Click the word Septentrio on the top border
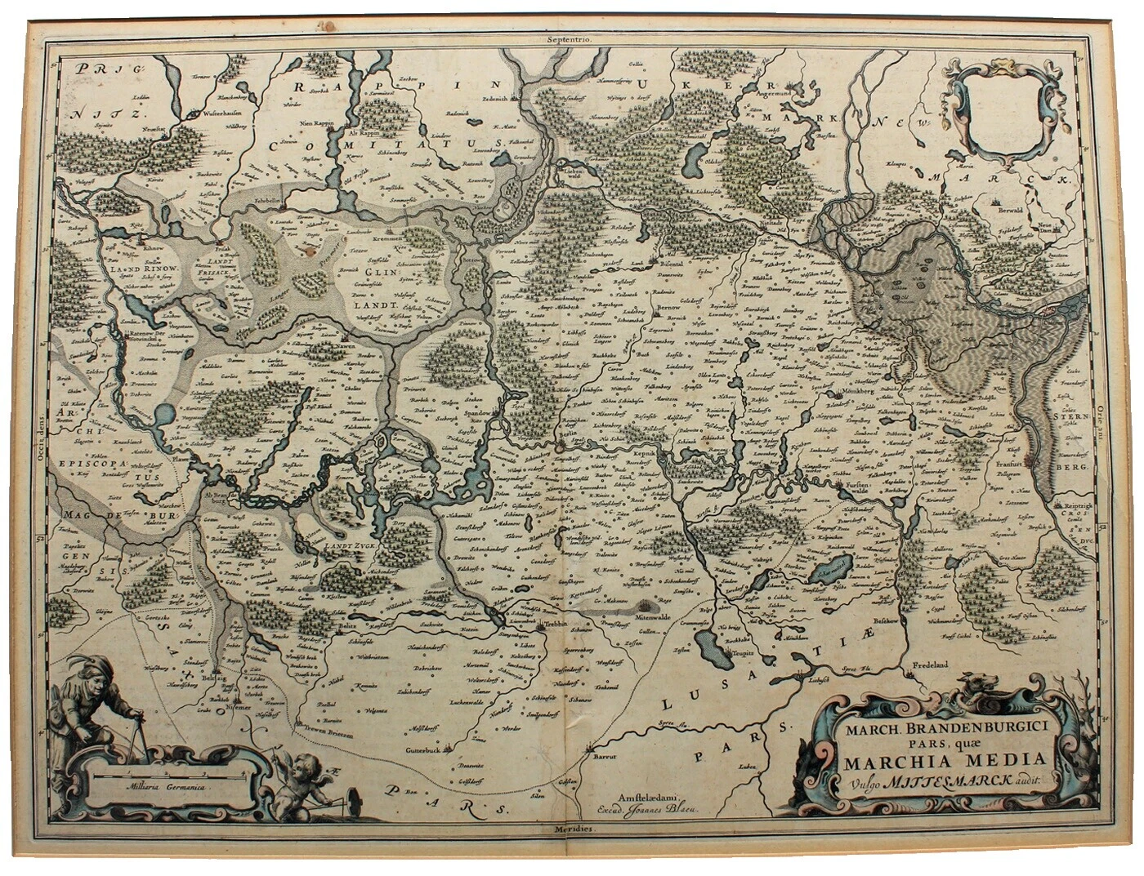point(570,39)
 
